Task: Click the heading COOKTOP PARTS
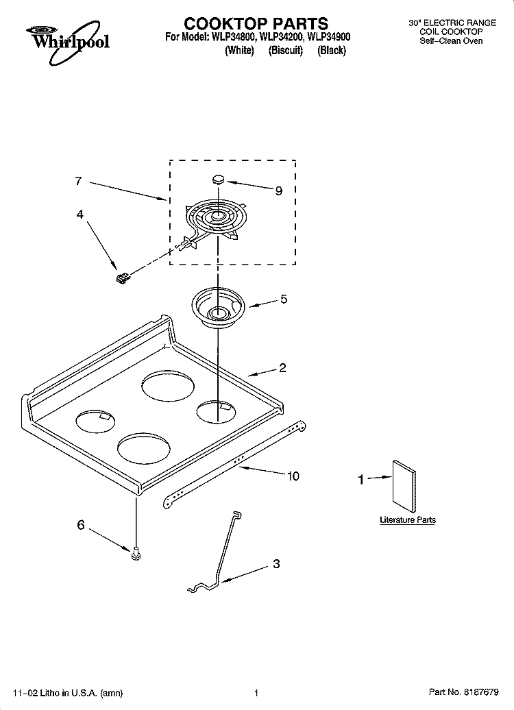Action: (256, 23)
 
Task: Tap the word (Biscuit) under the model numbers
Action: (285, 51)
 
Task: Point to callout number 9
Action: (278, 191)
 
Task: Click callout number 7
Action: (78, 181)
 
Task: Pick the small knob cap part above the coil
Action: (219, 179)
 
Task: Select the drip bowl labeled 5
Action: (218, 306)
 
